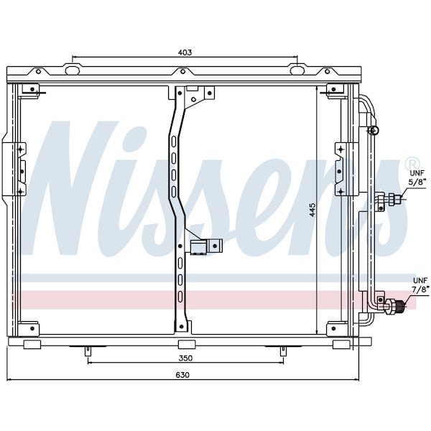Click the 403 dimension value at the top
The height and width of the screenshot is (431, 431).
click(x=185, y=52)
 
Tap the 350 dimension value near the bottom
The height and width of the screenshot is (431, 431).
click(x=185, y=358)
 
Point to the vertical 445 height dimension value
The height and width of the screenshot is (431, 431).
click(x=312, y=210)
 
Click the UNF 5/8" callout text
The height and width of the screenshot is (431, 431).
click(x=417, y=177)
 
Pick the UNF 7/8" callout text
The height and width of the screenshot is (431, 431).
click(x=420, y=284)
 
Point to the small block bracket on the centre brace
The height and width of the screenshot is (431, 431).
click(x=205, y=246)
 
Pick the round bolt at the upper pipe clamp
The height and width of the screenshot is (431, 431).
click(x=373, y=130)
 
